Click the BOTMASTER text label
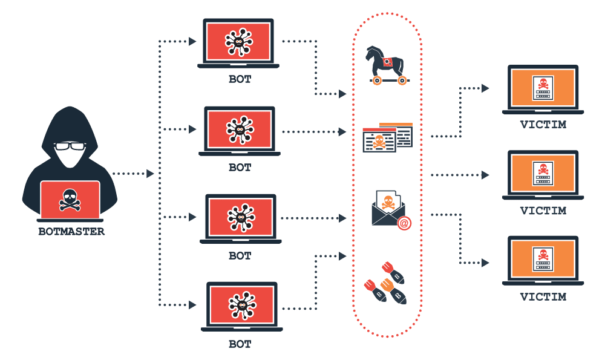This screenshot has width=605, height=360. click(71, 231)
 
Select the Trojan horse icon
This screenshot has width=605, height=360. click(386, 65)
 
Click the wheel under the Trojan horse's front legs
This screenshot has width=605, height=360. click(378, 80)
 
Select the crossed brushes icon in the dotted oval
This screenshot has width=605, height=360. click(385, 282)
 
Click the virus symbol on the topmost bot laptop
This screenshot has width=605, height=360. click(240, 42)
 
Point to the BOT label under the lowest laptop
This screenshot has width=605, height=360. click(240, 344)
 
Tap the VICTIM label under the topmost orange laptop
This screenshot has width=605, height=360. click(543, 125)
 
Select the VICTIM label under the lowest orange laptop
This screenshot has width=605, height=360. click(543, 297)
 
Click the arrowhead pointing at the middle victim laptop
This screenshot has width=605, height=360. click(485, 175)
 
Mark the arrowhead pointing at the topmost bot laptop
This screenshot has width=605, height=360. click(192, 41)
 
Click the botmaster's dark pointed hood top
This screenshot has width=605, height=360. click(71, 112)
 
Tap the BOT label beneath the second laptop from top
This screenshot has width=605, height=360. click(240, 167)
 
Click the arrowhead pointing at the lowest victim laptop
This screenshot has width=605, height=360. click(485, 262)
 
